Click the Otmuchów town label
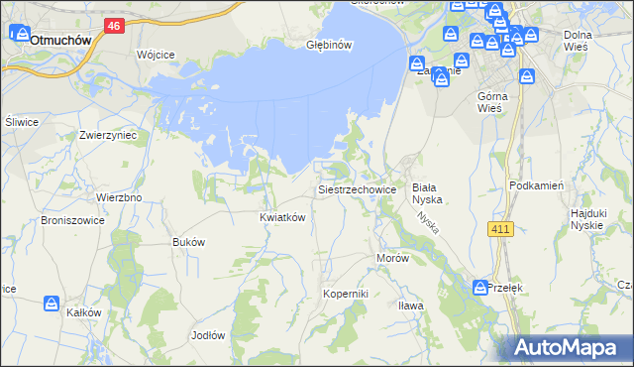(61, 41)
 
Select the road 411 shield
(500, 230)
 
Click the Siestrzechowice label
(357, 188)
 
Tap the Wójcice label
(156, 54)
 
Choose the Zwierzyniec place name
(108, 135)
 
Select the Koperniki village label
(346, 294)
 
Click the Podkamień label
(536, 185)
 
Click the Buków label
(188, 242)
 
